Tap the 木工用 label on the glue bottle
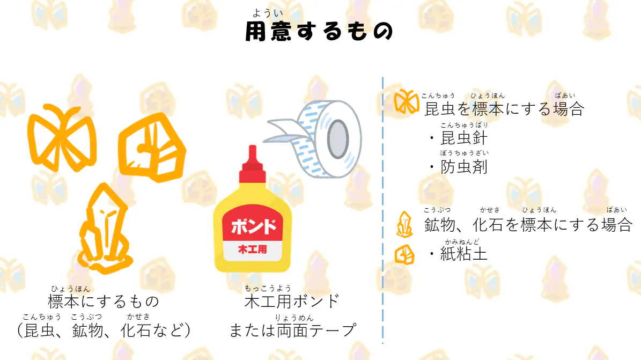tap(253, 249)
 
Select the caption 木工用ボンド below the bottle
tap(292, 301)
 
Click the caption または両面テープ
tap(292, 330)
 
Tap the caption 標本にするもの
tap(104, 301)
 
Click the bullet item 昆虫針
tap(463, 138)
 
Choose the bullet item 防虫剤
tap(463, 167)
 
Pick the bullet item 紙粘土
tap(463, 254)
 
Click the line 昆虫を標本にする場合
tap(504, 109)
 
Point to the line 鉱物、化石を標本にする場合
tap(528, 224)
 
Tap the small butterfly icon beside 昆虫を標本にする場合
tap(406, 102)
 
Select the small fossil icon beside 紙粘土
tap(404, 254)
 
